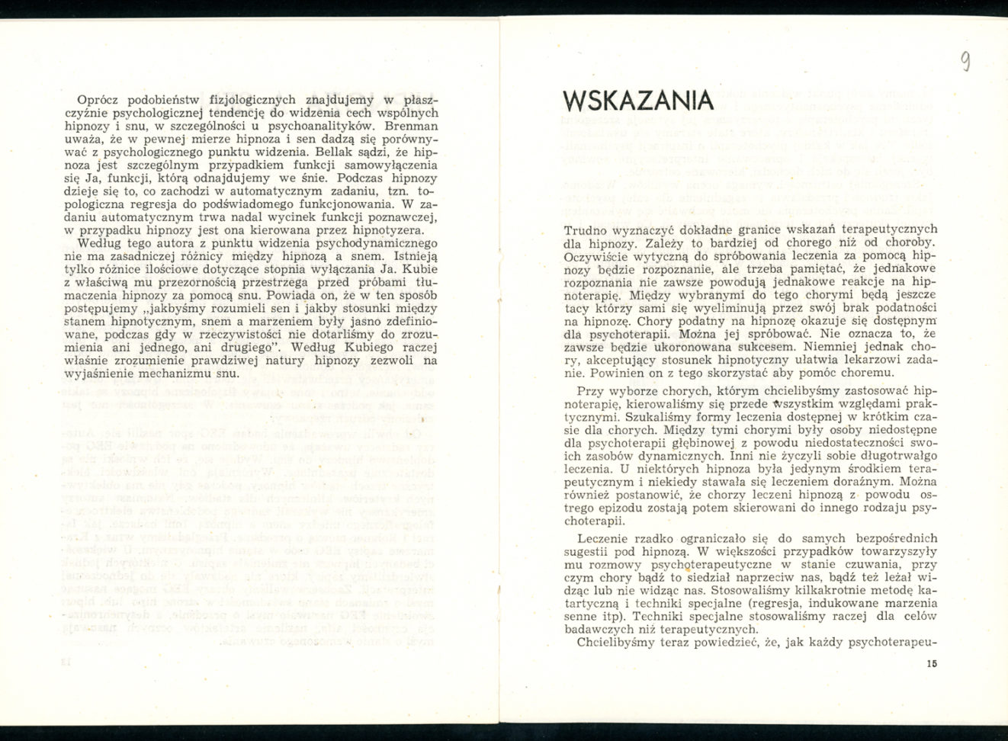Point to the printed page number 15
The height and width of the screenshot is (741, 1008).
pos(932,663)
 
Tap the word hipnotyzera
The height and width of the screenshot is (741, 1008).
pos(380,229)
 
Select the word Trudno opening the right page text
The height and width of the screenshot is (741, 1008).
pos(586,229)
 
